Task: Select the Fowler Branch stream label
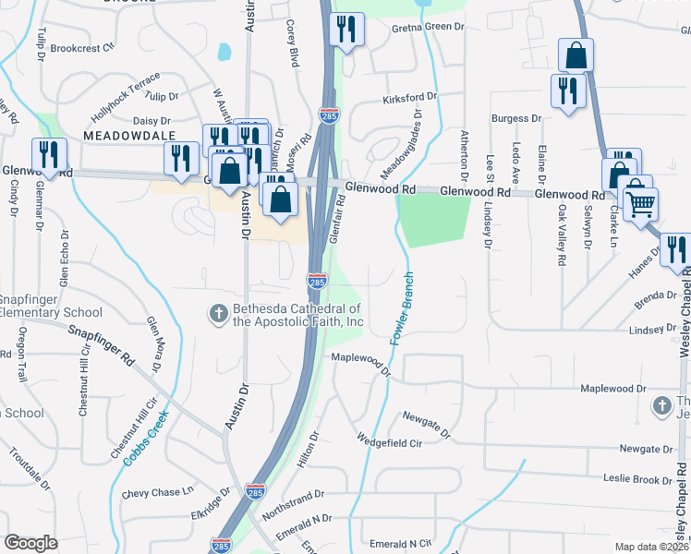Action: click(401, 308)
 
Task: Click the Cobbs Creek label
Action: click(142, 433)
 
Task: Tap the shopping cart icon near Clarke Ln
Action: click(639, 201)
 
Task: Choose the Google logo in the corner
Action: click(30, 543)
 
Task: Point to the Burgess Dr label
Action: click(516, 118)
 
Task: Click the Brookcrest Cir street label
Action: click(81, 47)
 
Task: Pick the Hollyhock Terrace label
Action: click(126, 96)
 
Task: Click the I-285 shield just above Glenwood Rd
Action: click(329, 115)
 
